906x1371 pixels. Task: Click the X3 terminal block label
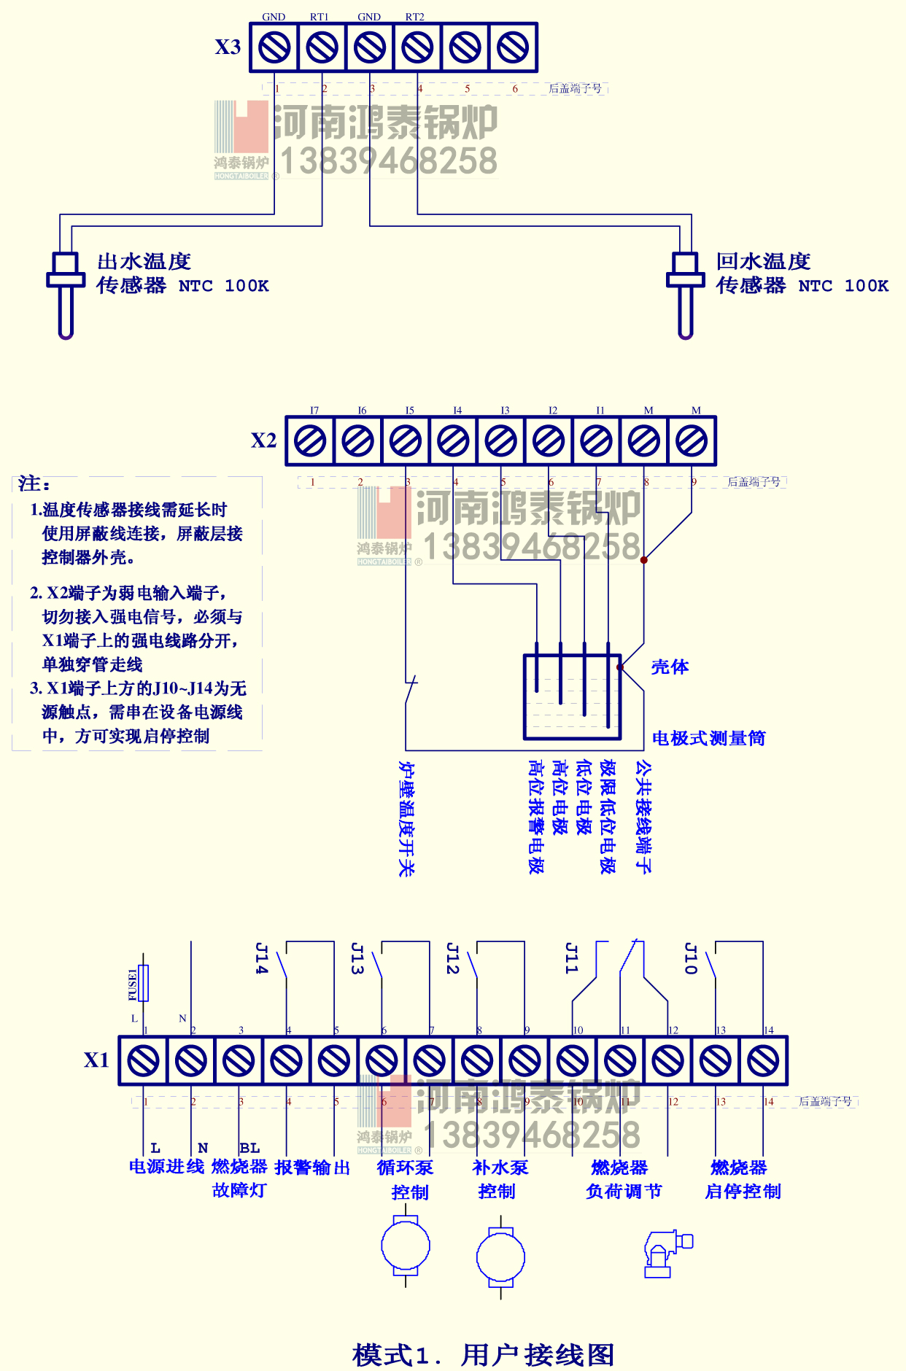click(228, 47)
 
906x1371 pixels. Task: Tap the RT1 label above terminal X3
click(320, 17)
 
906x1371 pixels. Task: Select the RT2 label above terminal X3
click(414, 17)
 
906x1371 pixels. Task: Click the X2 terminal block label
click(263, 440)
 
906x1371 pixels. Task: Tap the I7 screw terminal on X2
click(310, 441)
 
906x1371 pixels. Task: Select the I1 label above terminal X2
click(600, 411)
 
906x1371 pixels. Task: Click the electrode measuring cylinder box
click(572, 696)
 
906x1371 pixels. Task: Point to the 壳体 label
click(669, 667)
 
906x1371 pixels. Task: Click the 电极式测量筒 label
click(708, 738)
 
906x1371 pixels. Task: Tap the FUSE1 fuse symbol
click(144, 983)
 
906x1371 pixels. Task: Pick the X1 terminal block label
click(96, 1060)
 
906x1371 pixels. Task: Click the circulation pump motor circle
click(405, 1246)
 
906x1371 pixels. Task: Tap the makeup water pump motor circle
click(500, 1257)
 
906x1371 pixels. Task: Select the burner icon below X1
click(667, 1254)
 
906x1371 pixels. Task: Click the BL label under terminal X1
click(249, 1148)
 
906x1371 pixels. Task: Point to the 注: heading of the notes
click(34, 483)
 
